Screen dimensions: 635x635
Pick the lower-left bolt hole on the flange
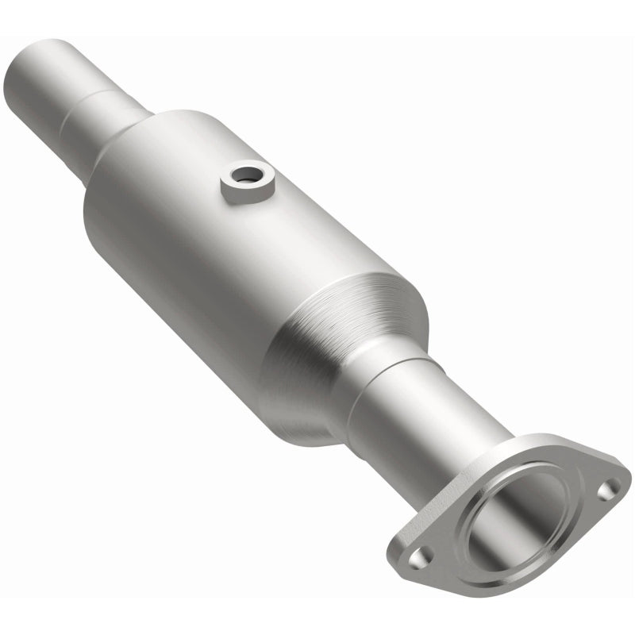pos(424,556)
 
